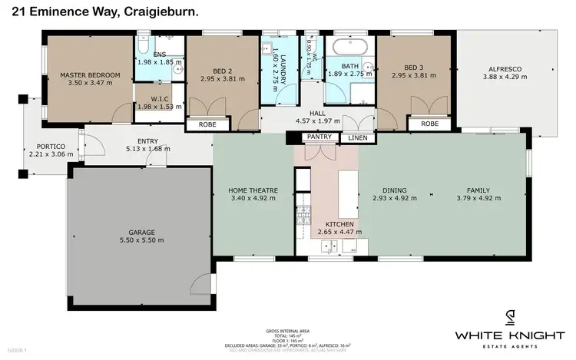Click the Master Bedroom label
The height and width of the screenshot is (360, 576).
pyautogui.click(x=90, y=74)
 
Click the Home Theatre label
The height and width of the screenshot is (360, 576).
pyautogui.click(x=253, y=190)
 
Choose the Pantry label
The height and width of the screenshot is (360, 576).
pyautogui.click(x=318, y=137)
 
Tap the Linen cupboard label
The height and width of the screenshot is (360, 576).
pyautogui.click(x=358, y=137)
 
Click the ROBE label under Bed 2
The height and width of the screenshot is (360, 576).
pyautogui.click(x=207, y=124)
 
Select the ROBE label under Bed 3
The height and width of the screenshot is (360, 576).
pyautogui.click(x=429, y=124)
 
